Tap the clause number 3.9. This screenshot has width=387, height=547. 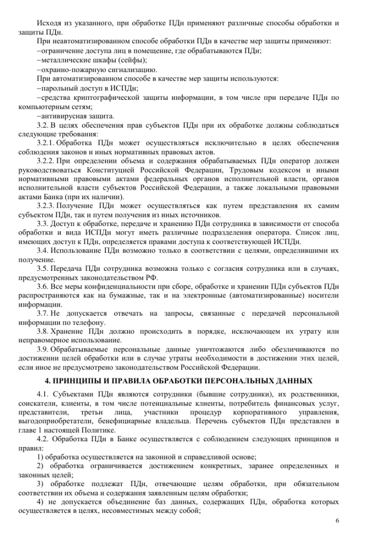[x=42, y=350]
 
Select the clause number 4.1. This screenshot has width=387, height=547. [x=42, y=396]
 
